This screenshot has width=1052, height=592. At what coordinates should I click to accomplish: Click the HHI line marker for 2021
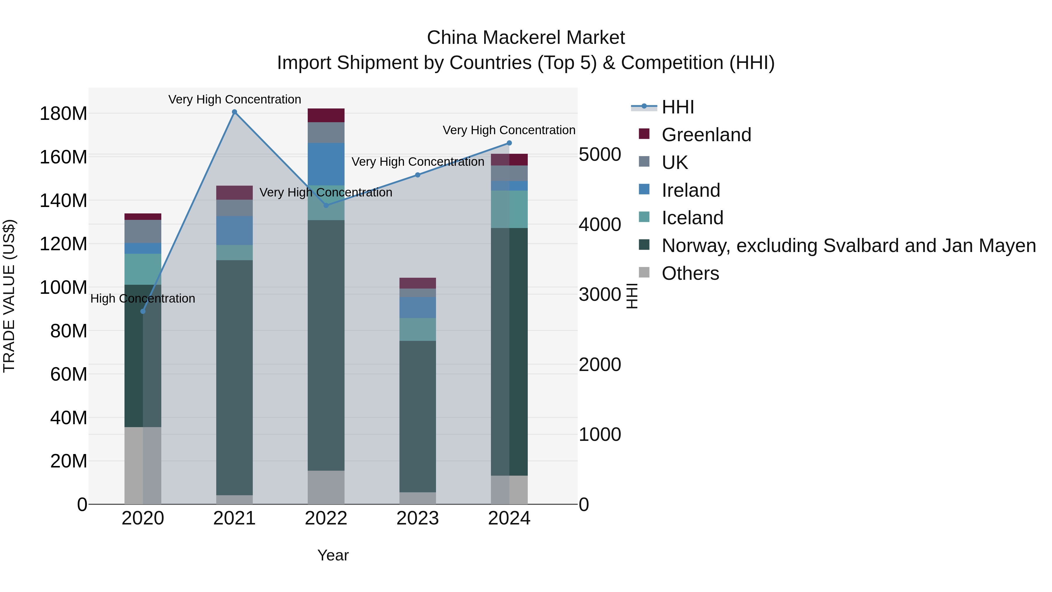pos(234,112)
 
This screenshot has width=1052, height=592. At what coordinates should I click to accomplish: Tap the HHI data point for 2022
pos(326,206)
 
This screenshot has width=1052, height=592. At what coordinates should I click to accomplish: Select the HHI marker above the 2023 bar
pos(417,175)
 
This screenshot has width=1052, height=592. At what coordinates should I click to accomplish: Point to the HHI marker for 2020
pos(143,311)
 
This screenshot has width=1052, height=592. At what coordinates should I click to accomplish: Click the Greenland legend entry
pos(706,135)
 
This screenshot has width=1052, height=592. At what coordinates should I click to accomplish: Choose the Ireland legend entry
pos(690,190)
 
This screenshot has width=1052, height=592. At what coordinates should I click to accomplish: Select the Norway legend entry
pos(848,246)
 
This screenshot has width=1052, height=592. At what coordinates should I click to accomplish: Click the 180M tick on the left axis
pos(63,114)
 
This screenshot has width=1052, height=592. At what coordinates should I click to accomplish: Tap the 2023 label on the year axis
pos(417,518)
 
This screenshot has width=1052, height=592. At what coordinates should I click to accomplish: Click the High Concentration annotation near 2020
pos(143,299)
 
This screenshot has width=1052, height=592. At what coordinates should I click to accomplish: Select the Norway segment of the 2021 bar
pos(234,376)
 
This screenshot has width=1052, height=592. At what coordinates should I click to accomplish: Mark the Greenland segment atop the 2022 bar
pos(326,115)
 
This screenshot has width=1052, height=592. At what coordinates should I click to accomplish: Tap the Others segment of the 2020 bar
pos(143,466)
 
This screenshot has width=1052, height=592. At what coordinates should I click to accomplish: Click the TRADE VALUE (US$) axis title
pos(9,296)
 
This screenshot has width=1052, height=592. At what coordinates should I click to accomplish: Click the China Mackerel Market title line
pos(526,38)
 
